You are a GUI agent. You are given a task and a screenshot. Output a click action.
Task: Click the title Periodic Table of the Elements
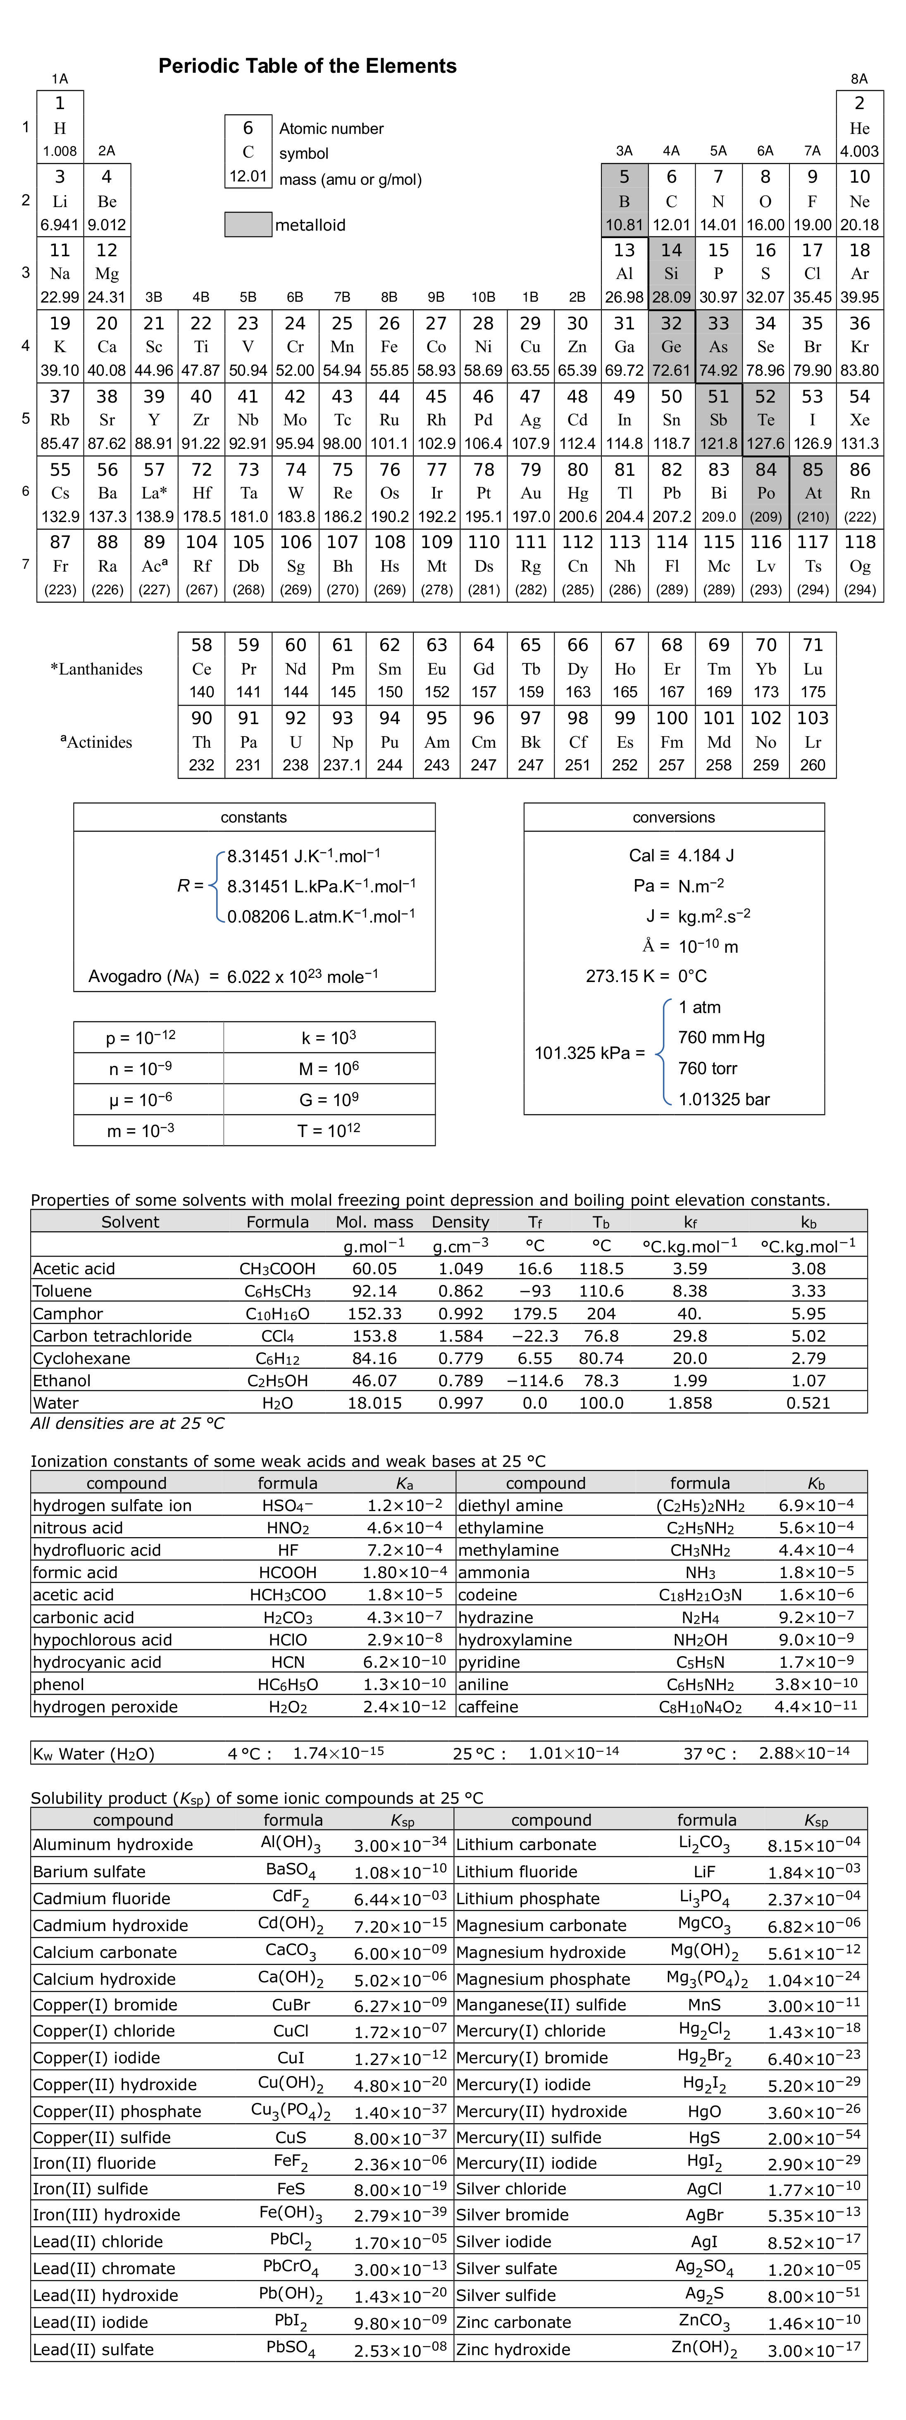(x=308, y=66)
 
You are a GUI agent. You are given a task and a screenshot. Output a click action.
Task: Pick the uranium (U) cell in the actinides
(x=295, y=741)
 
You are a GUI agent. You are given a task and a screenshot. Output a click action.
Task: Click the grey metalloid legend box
(x=248, y=224)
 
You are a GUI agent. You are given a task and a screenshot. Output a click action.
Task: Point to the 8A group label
(x=859, y=79)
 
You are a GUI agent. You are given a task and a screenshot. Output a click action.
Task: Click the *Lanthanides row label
(x=97, y=669)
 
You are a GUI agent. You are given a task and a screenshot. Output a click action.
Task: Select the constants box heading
(x=254, y=817)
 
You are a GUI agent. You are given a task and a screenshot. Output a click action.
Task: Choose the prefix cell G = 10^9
(x=329, y=1098)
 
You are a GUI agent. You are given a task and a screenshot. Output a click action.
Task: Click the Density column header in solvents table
(x=460, y=1222)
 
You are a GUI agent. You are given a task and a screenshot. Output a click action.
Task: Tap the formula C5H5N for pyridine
(x=700, y=1662)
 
